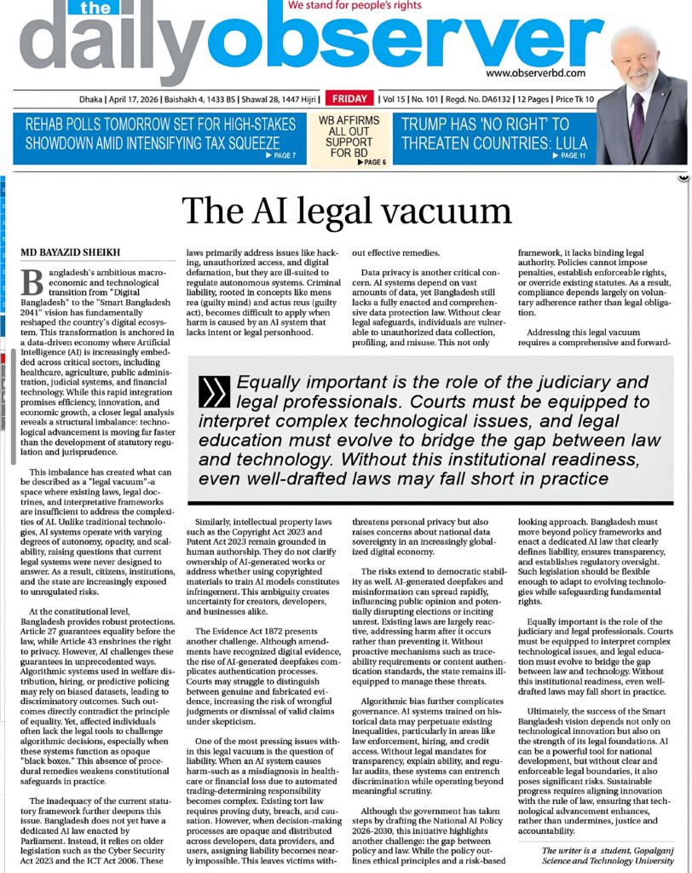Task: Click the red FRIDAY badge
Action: [349, 99]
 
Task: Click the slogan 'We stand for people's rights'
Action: [357, 5]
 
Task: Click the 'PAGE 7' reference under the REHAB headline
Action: [282, 155]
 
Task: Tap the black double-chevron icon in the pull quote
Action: [213, 391]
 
